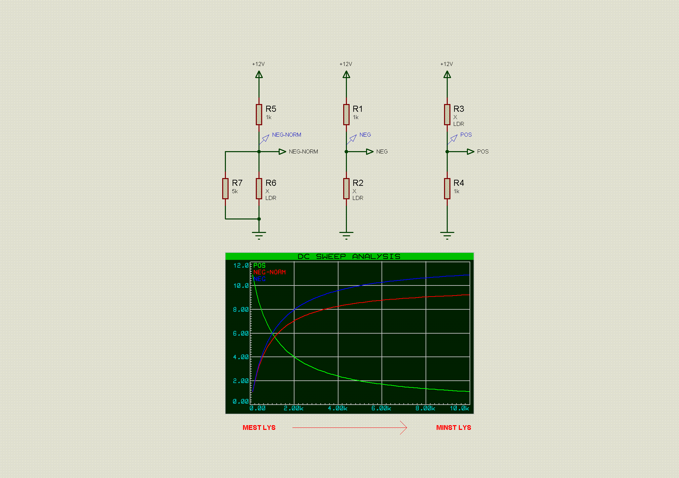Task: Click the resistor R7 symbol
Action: pyautogui.click(x=225, y=189)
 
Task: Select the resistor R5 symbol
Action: pyautogui.click(x=259, y=114)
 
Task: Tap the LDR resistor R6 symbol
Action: pyautogui.click(x=259, y=189)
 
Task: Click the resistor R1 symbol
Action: pyautogui.click(x=346, y=114)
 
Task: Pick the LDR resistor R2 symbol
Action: pyautogui.click(x=346, y=189)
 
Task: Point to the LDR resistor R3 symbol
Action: pyautogui.click(x=447, y=114)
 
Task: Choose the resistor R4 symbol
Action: pyautogui.click(x=447, y=189)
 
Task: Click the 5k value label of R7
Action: pyautogui.click(x=235, y=191)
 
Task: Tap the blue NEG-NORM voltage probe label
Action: pyautogui.click(x=287, y=135)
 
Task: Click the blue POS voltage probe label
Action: pyautogui.click(x=466, y=135)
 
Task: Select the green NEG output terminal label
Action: pyautogui.click(x=382, y=151)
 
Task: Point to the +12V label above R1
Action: pyautogui.click(x=346, y=64)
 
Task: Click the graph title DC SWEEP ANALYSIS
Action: pyautogui.click(x=349, y=257)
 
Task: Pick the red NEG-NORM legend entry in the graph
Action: pyautogui.click(x=270, y=272)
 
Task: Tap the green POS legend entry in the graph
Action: pyautogui.click(x=259, y=265)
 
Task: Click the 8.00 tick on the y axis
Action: pyautogui.click(x=241, y=309)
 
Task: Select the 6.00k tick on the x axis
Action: pyautogui.click(x=381, y=408)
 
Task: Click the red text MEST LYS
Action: pyautogui.click(x=259, y=428)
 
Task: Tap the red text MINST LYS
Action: pyautogui.click(x=454, y=428)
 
